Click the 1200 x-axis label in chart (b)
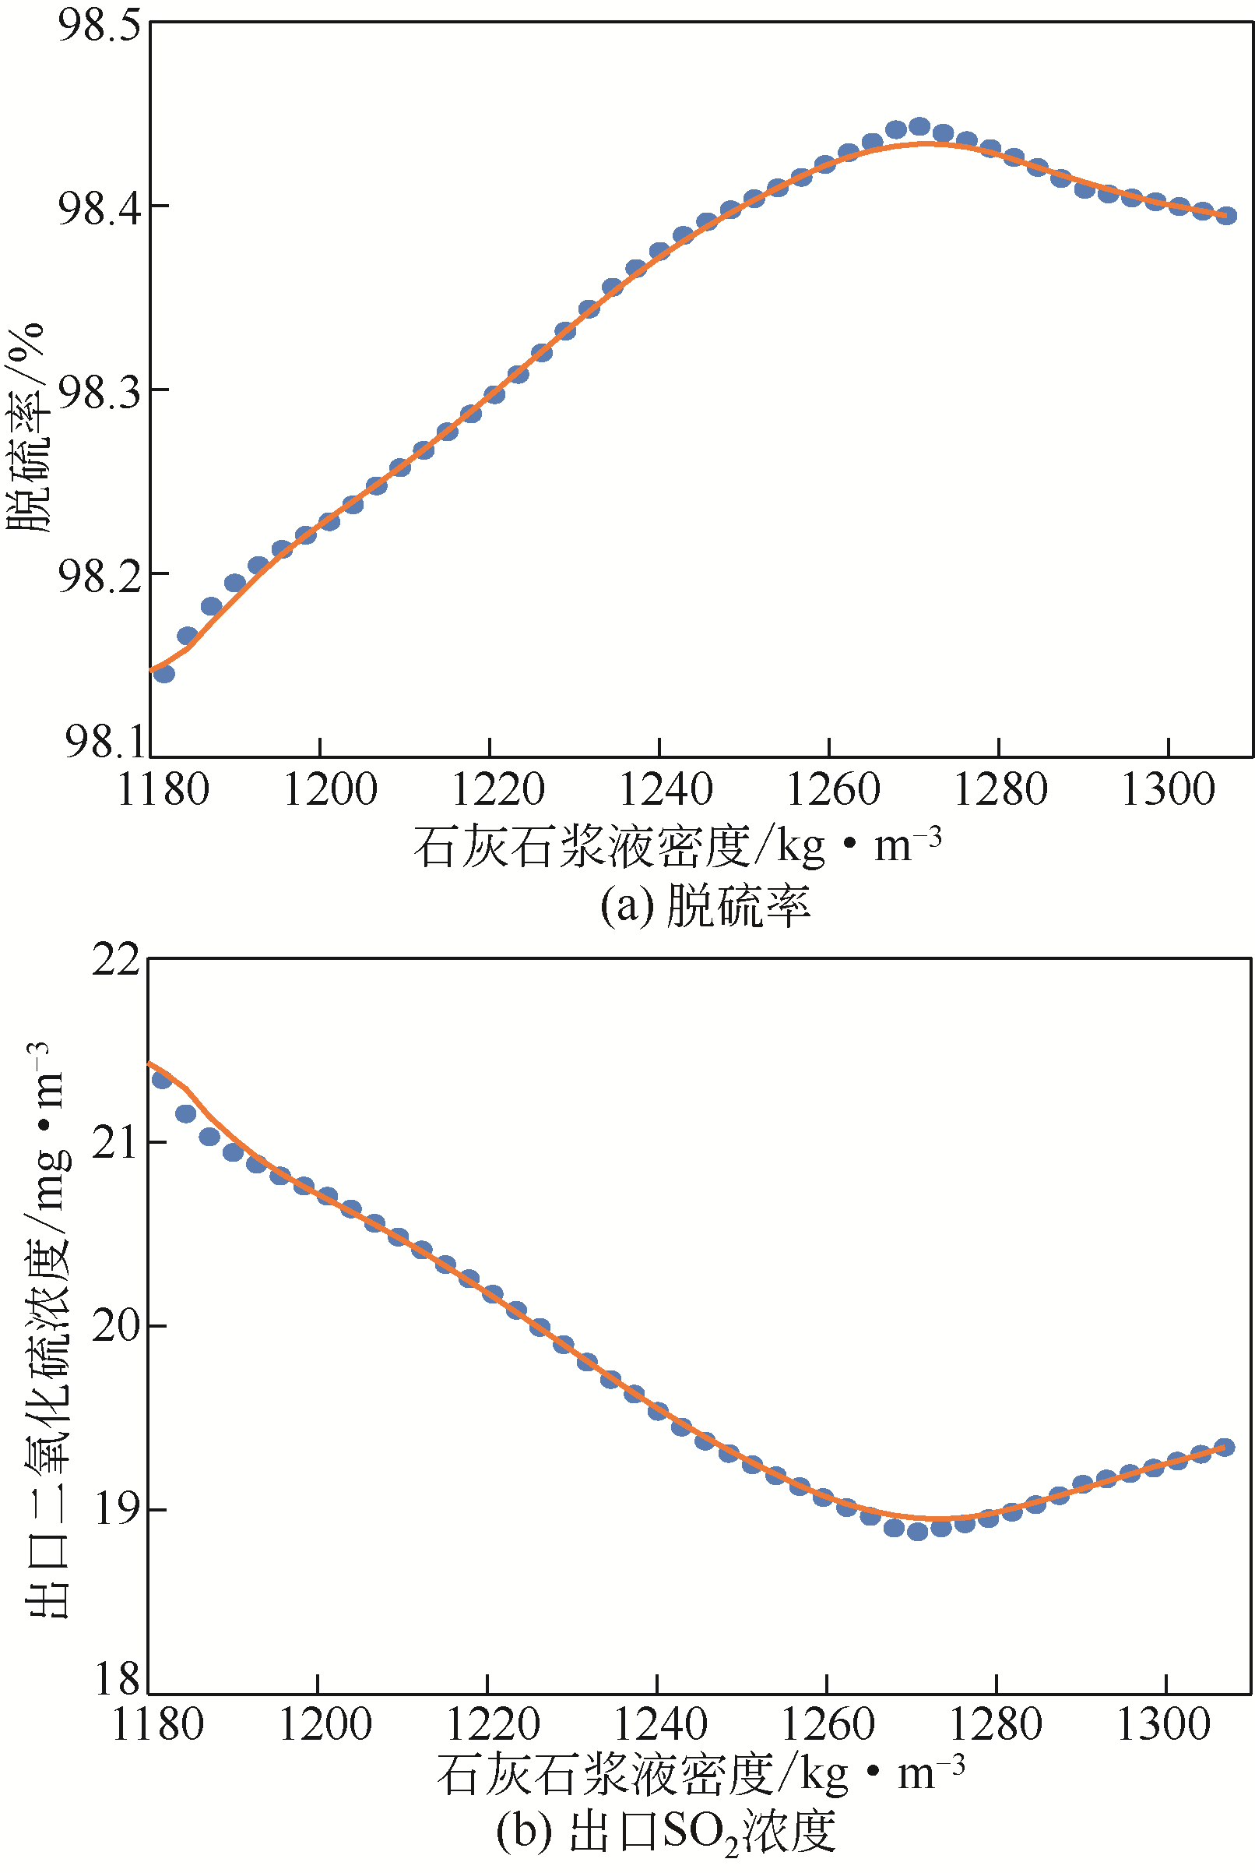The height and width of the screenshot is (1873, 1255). pos(325,1725)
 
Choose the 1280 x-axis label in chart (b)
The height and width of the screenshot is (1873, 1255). pos(996,1725)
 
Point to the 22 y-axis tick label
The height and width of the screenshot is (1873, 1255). pos(116,958)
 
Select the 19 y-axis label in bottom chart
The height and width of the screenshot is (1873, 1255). pos(117,1508)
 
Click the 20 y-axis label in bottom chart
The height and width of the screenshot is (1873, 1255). pos(116,1325)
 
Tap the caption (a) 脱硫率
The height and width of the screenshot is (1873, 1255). pos(705,906)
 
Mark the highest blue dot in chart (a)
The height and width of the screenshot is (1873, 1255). pos(919,126)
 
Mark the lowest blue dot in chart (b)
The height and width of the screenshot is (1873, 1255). pos(917,1532)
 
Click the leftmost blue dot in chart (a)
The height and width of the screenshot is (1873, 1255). pos(164,673)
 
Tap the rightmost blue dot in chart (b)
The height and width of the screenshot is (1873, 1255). pos(1225,1447)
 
